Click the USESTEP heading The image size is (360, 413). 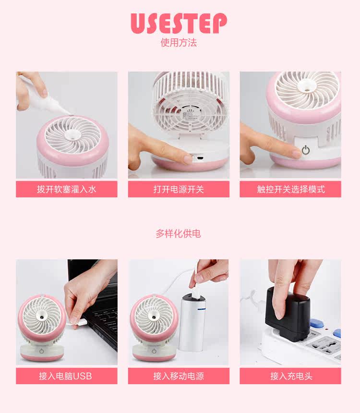click(x=179, y=24)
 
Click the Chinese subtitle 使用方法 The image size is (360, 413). click(x=179, y=43)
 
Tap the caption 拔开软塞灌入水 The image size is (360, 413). click(x=67, y=189)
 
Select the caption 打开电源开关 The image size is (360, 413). click(x=179, y=189)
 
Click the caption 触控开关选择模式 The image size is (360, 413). click(x=290, y=189)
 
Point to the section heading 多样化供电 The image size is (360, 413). click(x=178, y=234)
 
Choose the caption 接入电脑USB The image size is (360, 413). click(x=67, y=376)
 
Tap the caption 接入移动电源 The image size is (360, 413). click(x=179, y=376)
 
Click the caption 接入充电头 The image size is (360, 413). click(x=290, y=376)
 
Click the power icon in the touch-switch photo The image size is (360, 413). click(x=306, y=150)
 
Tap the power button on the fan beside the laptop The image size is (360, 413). click(x=42, y=351)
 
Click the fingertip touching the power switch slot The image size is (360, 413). click(x=187, y=158)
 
